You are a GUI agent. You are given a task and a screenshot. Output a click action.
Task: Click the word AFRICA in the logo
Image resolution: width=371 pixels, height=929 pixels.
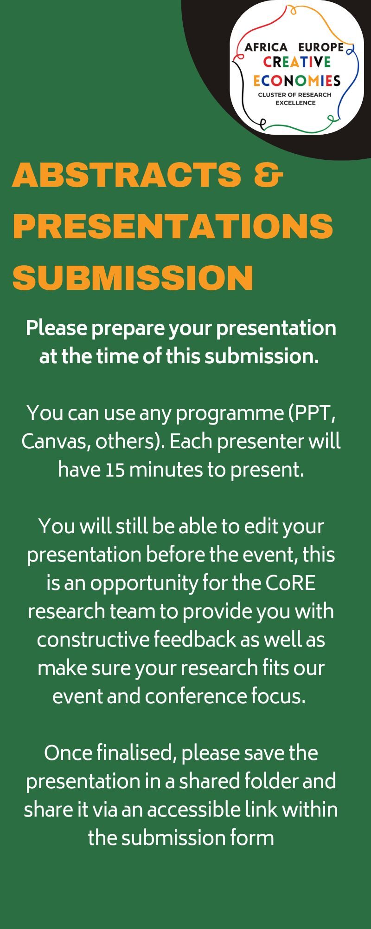point(266,47)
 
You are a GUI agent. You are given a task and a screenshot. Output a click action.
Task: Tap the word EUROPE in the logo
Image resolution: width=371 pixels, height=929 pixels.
point(321,47)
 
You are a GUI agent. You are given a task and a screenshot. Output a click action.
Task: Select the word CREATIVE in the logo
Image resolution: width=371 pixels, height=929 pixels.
point(297,62)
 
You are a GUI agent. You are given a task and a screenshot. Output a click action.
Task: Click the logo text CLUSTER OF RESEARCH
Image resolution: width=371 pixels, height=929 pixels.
point(295,95)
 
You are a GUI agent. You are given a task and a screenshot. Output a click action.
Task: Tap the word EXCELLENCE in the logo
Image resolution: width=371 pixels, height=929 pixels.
point(295,103)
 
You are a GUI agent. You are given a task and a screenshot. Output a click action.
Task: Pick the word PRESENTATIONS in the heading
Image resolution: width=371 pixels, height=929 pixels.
point(173,226)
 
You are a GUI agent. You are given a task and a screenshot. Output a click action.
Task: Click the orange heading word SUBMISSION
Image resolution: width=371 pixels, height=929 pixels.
point(133,277)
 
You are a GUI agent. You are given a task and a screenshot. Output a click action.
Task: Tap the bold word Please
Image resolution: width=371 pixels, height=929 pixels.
point(57,328)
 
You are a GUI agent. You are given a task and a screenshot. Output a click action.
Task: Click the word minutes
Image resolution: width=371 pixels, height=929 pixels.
point(166,470)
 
